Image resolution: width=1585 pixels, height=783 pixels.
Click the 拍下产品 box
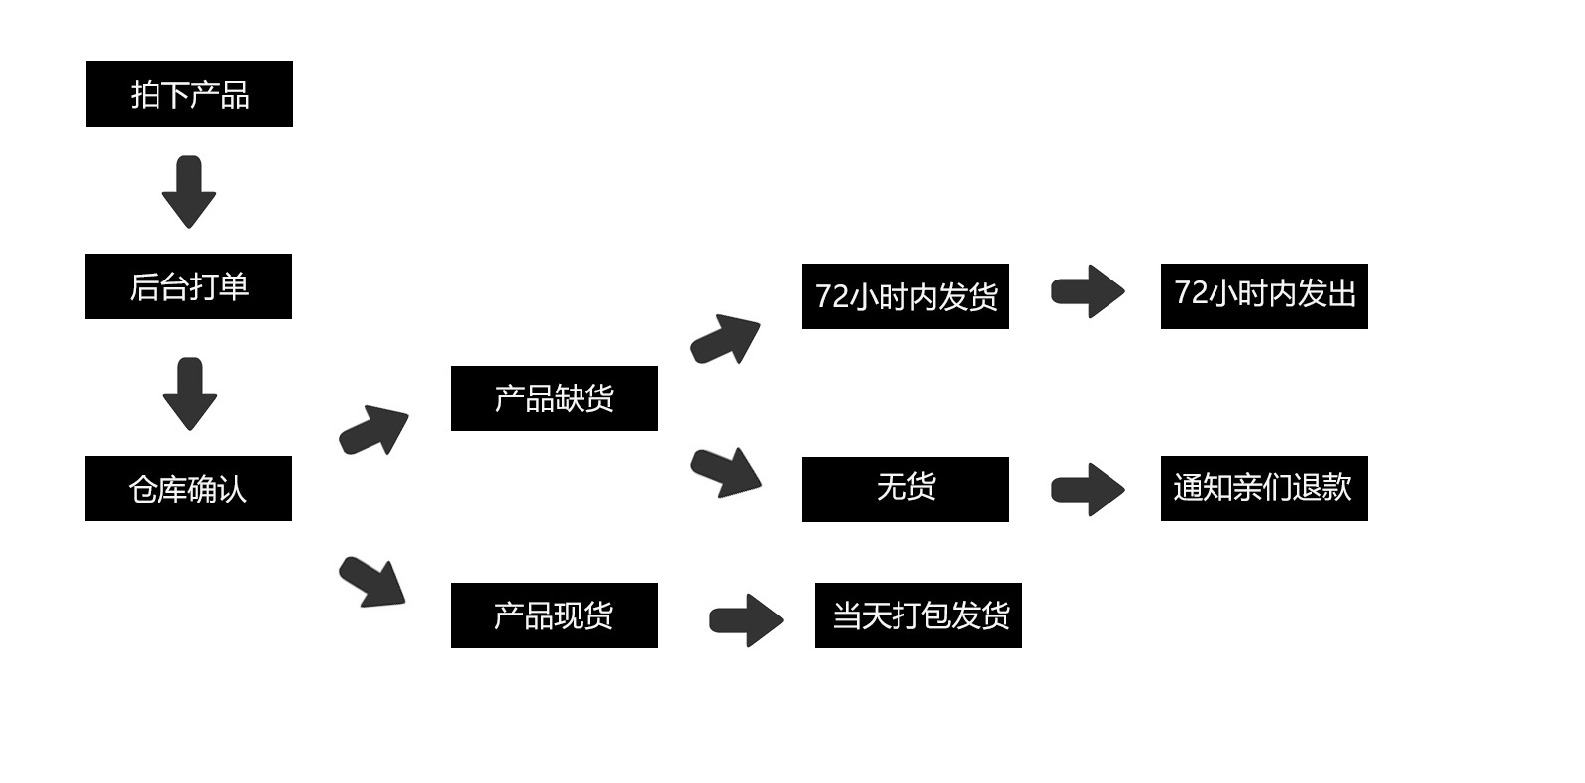[x=189, y=94]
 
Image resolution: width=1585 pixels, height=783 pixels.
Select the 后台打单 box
[x=188, y=286]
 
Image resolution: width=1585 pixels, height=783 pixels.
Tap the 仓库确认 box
[x=188, y=489]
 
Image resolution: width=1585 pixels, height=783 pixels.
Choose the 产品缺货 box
[x=554, y=398]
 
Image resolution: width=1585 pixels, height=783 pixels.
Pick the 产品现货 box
[x=554, y=615]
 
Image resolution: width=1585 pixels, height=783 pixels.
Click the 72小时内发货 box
[x=905, y=296]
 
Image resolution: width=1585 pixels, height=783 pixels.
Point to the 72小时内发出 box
[x=1264, y=296]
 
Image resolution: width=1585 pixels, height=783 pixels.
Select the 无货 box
[x=905, y=489]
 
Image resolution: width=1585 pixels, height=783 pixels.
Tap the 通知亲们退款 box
[x=1264, y=489]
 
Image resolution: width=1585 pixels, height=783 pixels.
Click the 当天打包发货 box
[x=918, y=615]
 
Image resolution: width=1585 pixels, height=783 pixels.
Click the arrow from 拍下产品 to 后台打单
[x=189, y=191]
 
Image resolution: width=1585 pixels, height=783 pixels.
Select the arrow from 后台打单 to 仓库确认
[x=189, y=393]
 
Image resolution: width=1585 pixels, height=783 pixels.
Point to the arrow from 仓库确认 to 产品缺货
[x=374, y=430]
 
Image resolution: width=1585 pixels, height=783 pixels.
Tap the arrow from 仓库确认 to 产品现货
[x=373, y=582]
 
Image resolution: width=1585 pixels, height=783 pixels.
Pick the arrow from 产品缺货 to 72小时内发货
[x=726, y=339]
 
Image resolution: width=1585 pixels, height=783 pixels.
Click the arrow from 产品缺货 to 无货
[x=727, y=472]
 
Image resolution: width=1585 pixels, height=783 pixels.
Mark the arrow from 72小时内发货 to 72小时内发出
[x=1088, y=291]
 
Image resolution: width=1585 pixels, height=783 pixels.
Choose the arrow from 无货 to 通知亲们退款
[x=1088, y=489]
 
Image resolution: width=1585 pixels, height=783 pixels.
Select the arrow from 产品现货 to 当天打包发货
[x=746, y=620]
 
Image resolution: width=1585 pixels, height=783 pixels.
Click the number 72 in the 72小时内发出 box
[x=1190, y=293]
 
